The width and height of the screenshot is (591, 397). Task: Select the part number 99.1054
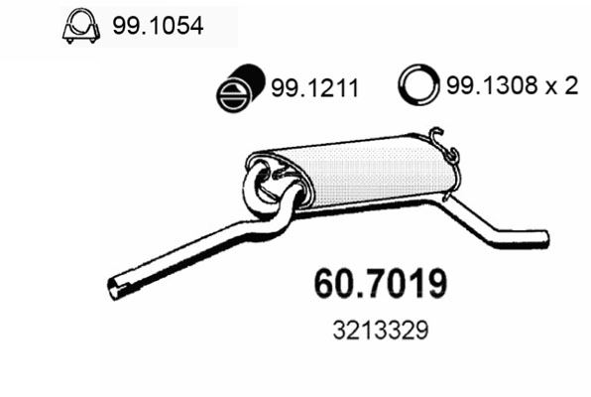click(x=159, y=28)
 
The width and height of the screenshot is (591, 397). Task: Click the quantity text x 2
click(x=562, y=87)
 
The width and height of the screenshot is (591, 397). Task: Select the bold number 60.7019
click(x=380, y=284)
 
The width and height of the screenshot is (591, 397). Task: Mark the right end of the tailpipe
click(x=543, y=238)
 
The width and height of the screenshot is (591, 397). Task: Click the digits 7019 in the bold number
click(x=404, y=284)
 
